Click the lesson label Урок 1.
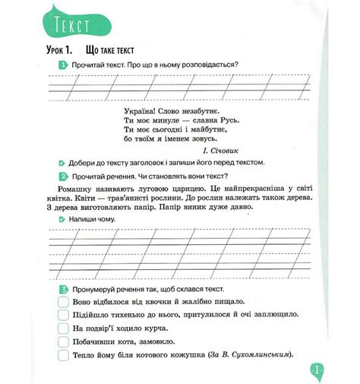coord(62,50)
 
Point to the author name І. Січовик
coord(249,151)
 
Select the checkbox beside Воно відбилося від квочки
coord(63,302)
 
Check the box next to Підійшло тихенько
coord(63,315)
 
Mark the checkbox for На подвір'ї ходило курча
coord(63,328)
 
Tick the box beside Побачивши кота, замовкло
coord(63,341)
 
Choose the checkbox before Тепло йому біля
coord(63,355)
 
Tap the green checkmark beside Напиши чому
coord(62,218)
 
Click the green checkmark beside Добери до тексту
coord(62,163)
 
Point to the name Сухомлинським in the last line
coord(260,355)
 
